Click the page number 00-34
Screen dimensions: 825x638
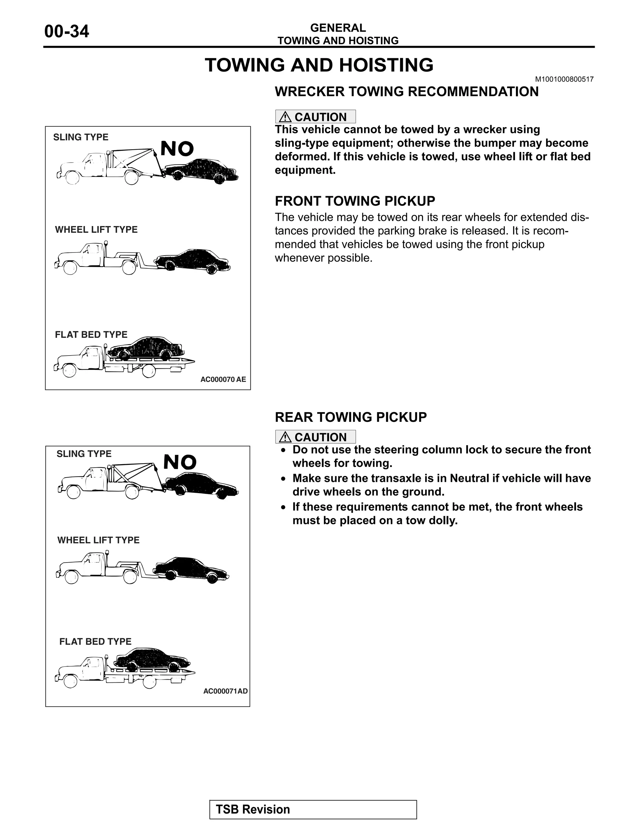click(67, 31)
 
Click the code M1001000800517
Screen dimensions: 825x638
click(564, 79)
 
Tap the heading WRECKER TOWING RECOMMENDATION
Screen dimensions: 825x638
click(406, 92)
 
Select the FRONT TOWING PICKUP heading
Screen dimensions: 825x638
click(355, 201)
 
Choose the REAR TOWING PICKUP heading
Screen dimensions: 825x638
click(350, 417)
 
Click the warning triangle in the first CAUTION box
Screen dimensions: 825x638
click(285, 117)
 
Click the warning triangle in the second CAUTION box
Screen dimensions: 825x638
click(285, 437)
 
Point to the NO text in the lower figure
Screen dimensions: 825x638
click(180, 462)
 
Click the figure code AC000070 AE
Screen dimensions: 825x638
click(223, 379)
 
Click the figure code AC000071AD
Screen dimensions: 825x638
click(225, 691)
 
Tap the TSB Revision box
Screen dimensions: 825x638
click(313, 809)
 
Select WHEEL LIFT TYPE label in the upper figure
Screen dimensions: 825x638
click(96, 230)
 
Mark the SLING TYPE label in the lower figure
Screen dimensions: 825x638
click(84, 454)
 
